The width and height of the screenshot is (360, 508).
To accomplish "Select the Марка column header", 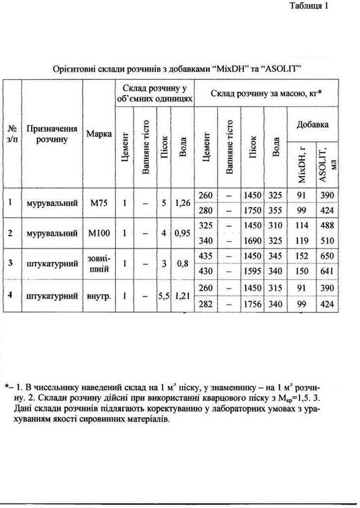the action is [99, 133].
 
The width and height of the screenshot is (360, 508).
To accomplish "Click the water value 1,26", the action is [183, 202].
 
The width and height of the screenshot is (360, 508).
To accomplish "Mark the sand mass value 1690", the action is [252, 240].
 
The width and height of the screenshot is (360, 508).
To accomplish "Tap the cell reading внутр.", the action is [99, 296].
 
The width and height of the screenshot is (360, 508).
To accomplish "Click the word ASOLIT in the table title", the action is [283, 69].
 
